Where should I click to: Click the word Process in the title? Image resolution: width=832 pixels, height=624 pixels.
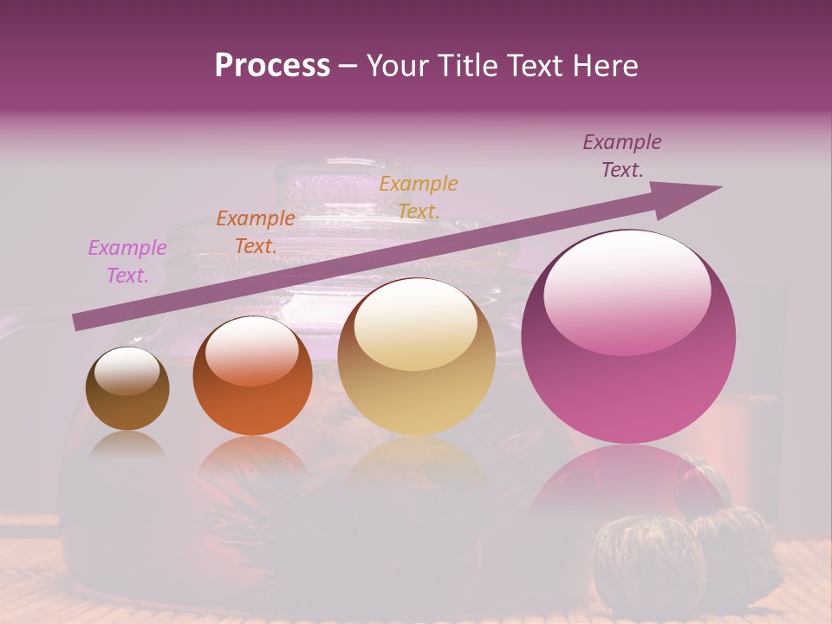tap(272, 66)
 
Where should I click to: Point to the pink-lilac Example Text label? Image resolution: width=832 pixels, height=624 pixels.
tap(127, 262)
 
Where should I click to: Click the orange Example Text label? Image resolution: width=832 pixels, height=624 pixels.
tap(255, 232)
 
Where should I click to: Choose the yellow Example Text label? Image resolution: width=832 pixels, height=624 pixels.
tap(418, 197)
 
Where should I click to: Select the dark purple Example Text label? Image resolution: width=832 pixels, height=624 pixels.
tap(621, 156)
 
